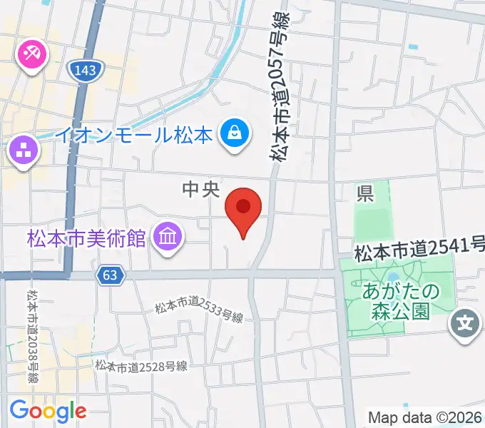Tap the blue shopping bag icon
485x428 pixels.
pos(233,133)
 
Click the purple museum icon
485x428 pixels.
pos(168,238)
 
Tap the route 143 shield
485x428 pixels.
pos(86,69)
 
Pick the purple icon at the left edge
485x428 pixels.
pos(21,151)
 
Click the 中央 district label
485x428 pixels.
pos(199,189)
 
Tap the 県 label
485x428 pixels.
pos(365,193)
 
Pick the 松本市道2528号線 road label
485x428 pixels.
pos(142,367)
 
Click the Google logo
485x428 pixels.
pos(48,411)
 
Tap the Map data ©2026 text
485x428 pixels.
pos(424,417)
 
